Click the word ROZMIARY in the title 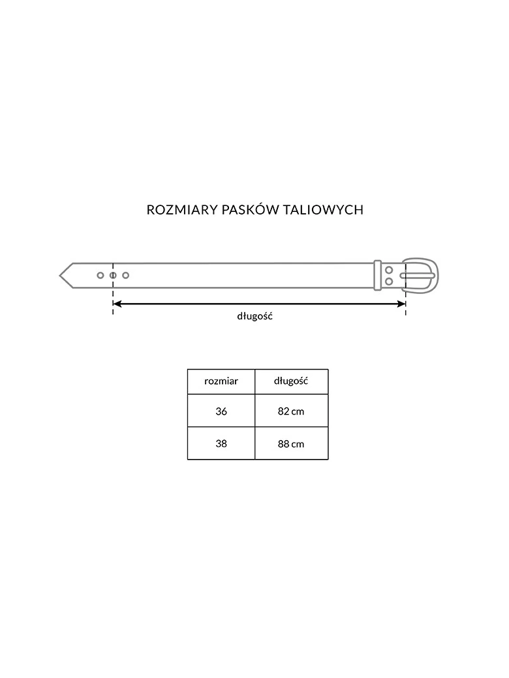click(x=182, y=210)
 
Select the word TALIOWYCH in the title click(x=323, y=210)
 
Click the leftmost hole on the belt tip click(x=100, y=275)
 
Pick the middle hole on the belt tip click(x=113, y=275)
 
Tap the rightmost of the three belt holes click(x=125, y=275)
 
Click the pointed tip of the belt click(x=60, y=275)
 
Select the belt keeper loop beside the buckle click(x=377, y=275)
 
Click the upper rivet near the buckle click(x=389, y=271)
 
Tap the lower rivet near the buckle click(x=389, y=282)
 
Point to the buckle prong click(x=417, y=275)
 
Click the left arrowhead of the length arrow click(x=117, y=304)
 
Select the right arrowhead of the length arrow click(x=402, y=304)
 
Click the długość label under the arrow click(x=255, y=317)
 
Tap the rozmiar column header click(x=221, y=381)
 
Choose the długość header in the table click(x=291, y=381)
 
